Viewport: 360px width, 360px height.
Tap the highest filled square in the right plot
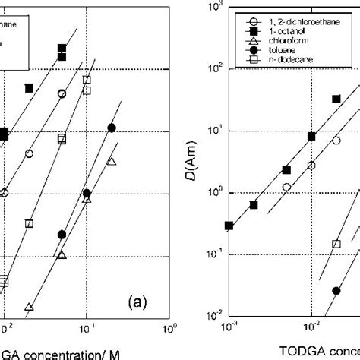(336, 99)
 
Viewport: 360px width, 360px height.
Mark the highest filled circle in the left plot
(112, 128)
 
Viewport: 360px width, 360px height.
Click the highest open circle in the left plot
(62, 94)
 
